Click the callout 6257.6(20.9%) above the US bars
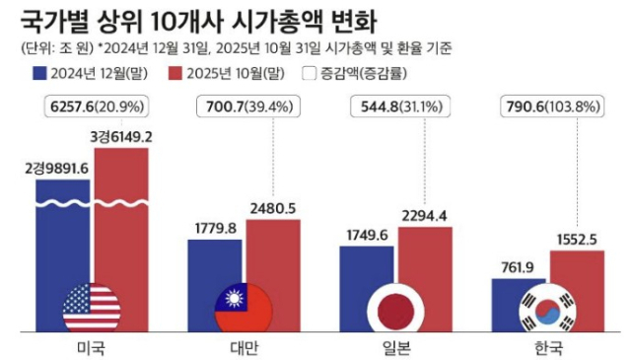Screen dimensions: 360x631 (x=95, y=105)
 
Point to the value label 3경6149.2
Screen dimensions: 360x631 (x=123, y=136)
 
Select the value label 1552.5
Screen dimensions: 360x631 (x=577, y=238)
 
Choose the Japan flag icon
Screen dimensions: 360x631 (x=395, y=310)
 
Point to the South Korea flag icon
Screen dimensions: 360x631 (x=547, y=310)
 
